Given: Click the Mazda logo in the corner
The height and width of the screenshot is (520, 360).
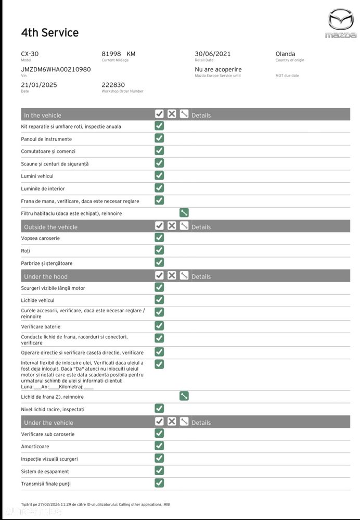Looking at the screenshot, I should [x=341, y=23].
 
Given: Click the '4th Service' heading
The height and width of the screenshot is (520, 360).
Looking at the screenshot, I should [x=50, y=33].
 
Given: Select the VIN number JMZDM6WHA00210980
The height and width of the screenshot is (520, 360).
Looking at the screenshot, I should [x=56, y=69].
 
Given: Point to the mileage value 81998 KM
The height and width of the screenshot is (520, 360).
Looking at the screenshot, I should [x=119, y=54].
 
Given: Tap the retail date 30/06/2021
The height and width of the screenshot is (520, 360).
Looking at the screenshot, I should [x=213, y=54].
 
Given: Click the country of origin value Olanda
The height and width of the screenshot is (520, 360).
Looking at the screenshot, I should [x=285, y=54].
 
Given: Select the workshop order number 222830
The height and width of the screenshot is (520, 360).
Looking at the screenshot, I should [x=113, y=85].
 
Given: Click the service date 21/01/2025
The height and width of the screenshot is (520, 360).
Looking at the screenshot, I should [x=39, y=85].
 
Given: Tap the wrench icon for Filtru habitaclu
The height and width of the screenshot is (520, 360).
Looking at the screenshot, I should [x=184, y=212].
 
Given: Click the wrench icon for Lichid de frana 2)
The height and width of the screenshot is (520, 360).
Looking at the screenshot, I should [x=184, y=396].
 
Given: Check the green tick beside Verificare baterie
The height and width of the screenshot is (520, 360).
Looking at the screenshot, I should [x=159, y=326].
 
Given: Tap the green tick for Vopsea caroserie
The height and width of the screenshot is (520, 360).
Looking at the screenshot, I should [x=159, y=237].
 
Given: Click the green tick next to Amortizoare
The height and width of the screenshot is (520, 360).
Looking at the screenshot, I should [x=159, y=446].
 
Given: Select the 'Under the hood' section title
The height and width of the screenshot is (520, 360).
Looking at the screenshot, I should [x=46, y=276].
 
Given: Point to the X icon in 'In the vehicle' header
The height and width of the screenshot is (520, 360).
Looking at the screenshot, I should [x=172, y=114].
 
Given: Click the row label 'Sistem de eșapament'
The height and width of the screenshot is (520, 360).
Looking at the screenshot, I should [x=45, y=472].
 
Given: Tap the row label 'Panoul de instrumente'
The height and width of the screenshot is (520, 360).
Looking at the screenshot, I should [x=47, y=139].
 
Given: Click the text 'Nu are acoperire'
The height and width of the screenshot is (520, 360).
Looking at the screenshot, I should [x=218, y=69].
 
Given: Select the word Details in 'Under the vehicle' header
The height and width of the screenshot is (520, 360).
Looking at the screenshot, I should [x=201, y=423].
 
